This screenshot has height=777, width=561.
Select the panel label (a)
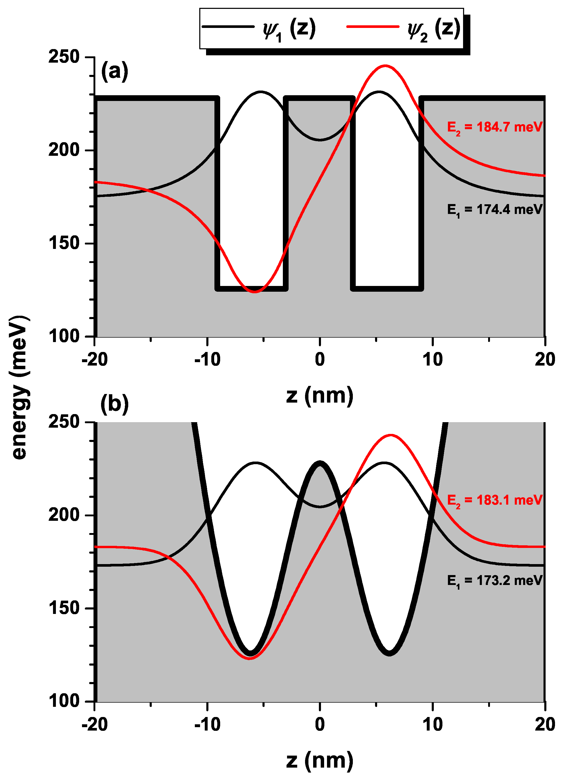pyautogui.click(x=115, y=71)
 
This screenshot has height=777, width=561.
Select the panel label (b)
pyautogui.click(x=115, y=404)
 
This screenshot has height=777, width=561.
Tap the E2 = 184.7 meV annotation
pyautogui.click(x=494, y=127)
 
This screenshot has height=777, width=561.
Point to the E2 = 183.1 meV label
pyautogui.click(x=494, y=500)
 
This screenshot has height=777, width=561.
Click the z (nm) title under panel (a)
pyautogui.click(x=320, y=396)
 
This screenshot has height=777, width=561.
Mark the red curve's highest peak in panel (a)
pyautogui.click(x=385, y=65)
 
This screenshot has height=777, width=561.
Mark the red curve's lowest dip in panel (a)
pyautogui.click(x=254, y=291)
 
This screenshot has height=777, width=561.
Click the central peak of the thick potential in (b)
pyautogui.click(x=320, y=463)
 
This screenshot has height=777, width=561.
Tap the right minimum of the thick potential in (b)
pyautogui.click(x=389, y=653)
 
